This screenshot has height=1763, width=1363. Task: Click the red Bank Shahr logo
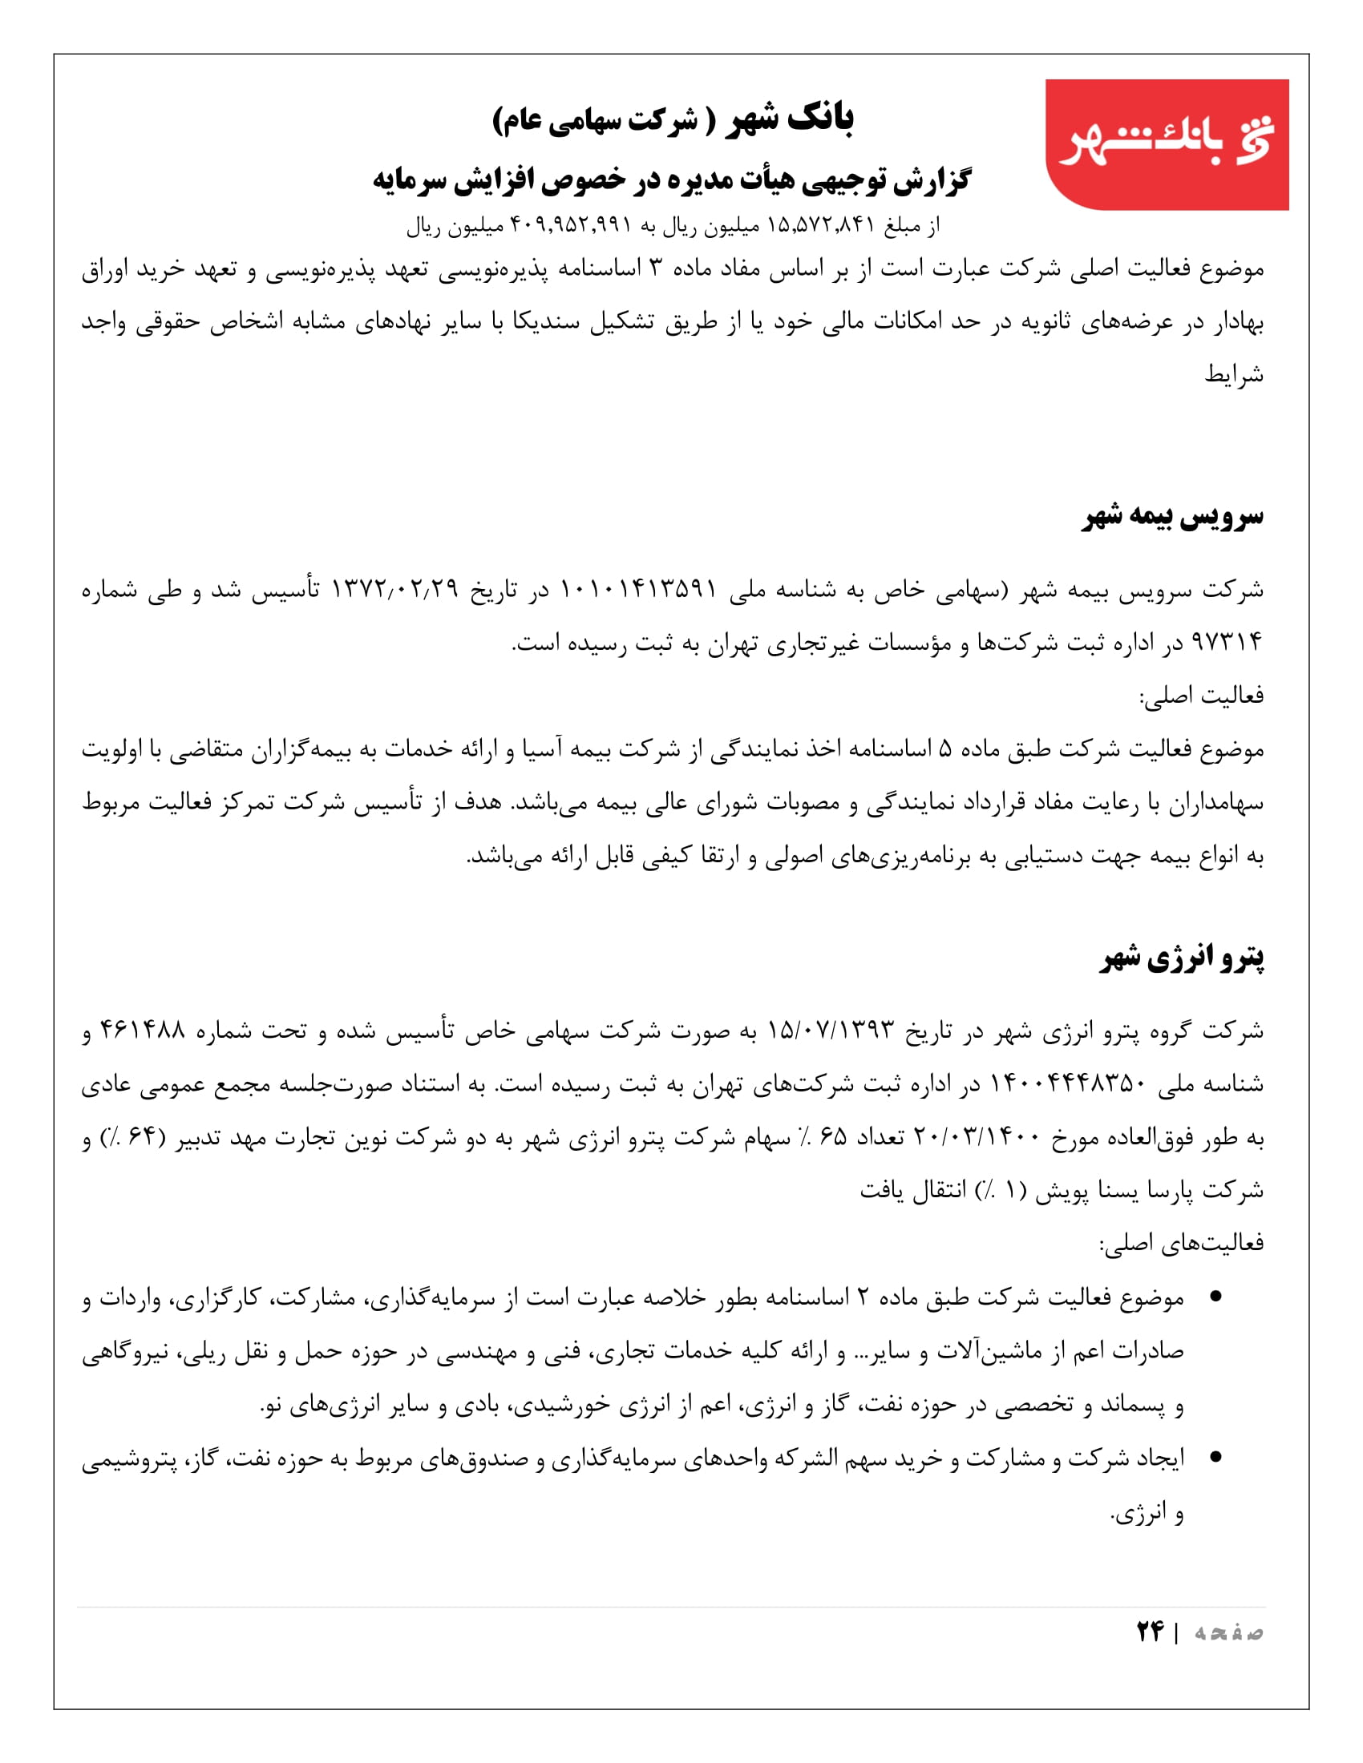[1166, 143]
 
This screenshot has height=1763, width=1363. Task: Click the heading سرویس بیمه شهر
[1172, 517]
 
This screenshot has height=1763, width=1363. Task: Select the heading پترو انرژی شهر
[1181, 958]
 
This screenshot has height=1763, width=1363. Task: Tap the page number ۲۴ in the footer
[1150, 1632]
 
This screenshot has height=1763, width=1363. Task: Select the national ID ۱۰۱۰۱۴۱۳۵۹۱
[639, 588]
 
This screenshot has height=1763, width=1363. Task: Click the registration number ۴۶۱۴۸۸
[142, 1030]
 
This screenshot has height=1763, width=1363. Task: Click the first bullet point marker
[1216, 1297]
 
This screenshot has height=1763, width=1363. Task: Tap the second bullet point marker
[1216, 1457]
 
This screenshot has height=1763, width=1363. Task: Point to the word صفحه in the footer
[1229, 1632]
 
